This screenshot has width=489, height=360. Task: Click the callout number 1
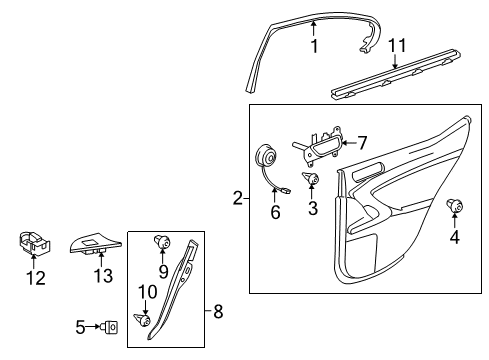coord(314,46)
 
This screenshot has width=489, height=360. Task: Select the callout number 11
coord(397,45)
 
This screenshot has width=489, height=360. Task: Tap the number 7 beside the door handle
coord(362,143)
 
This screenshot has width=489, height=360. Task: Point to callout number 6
coord(275,212)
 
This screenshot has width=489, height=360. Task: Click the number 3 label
coord(313,208)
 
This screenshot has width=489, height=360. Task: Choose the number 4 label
coord(455,237)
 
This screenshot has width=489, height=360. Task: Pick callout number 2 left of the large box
coord(238,198)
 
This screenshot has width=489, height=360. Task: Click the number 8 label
coord(218,312)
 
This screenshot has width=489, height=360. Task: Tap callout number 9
coord(163,272)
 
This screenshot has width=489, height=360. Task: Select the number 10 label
coord(147,292)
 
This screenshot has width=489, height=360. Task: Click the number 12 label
coord(36,278)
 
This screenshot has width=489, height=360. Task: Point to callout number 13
coord(103,276)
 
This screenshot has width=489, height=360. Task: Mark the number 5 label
coord(80,327)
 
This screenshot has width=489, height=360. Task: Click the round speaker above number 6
coord(266,155)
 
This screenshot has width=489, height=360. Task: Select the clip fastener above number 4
coord(455,206)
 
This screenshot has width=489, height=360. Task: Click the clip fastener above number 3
coord(311,178)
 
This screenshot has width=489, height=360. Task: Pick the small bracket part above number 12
coord(34,243)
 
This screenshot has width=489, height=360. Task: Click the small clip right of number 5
coord(111,327)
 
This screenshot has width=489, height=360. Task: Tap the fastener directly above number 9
coord(162,242)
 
